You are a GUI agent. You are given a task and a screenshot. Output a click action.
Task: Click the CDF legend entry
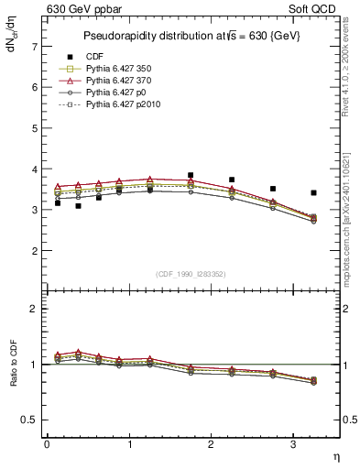93,57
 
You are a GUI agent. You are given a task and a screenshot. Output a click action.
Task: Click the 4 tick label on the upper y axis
33,169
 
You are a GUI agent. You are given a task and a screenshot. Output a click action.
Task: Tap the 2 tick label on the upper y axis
33,250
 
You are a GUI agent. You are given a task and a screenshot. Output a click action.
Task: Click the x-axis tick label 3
293,444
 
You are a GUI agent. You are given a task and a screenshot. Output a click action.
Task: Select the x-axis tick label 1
128,444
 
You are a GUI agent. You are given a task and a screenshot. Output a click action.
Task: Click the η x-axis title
335,455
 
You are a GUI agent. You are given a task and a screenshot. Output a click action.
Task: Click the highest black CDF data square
191,175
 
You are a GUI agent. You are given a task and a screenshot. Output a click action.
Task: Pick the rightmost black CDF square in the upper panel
314,193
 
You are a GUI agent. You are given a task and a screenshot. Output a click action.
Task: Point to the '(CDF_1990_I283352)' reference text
191,274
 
